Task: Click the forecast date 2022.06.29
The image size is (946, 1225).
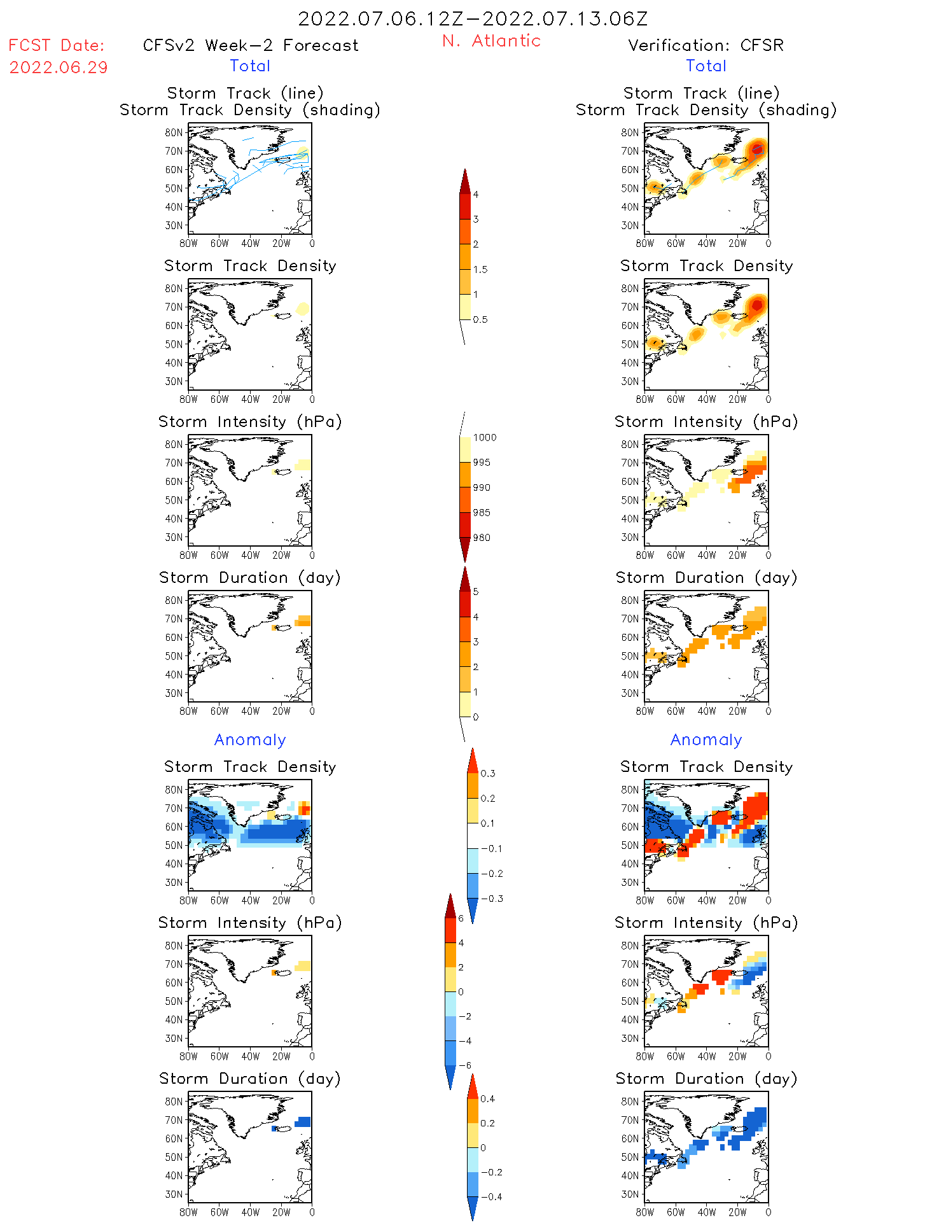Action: click(x=59, y=67)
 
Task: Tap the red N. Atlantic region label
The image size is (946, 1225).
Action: click(x=491, y=41)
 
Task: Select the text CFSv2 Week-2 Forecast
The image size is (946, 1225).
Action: click(x=251, y=45)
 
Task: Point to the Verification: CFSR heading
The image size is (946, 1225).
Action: click(x=706, y=45)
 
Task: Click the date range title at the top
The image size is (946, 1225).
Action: click(x=473, y=18)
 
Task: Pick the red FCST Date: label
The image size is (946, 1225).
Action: click(x=57, y=45)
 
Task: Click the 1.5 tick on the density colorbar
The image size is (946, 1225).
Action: click(x=480, y=269)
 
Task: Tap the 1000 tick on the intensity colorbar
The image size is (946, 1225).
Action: click(x=484, y=437)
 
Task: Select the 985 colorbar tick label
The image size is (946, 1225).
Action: click(x=482, y=512)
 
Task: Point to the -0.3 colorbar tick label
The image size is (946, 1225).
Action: click(x=491, y=899)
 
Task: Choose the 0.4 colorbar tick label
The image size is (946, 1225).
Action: click(x=487, y=1098)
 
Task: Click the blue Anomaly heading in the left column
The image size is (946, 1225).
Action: click(x=250, y=739)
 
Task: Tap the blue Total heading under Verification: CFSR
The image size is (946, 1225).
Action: click(x=706, y=66)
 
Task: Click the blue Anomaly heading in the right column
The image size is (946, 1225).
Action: click(x=706, y=739)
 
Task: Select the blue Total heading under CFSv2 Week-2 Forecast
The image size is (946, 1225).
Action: click(x=250, y=66)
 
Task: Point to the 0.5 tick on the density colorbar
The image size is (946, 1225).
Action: click(x=480, y=319)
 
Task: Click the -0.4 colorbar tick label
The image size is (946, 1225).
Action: click(x=491, y=1196)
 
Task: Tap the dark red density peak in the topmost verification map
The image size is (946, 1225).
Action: click(x=757, y=150)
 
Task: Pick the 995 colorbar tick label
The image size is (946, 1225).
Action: click(x=482, y=462)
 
